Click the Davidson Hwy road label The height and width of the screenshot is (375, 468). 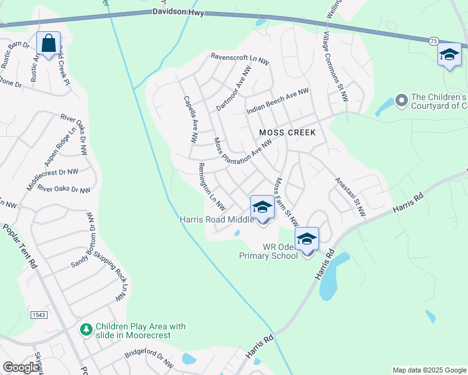178,12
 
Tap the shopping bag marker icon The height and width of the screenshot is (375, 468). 49,44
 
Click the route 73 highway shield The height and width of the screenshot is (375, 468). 433,41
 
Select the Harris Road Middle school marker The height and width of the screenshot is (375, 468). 262,207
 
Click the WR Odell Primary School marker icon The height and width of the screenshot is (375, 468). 307,239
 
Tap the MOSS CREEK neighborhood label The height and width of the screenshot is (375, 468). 288,132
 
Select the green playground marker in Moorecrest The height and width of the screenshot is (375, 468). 87,328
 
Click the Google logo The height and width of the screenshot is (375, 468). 21,367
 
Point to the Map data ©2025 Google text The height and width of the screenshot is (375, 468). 429,370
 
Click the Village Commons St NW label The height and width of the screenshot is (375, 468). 334,63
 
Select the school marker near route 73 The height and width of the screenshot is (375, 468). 449,54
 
